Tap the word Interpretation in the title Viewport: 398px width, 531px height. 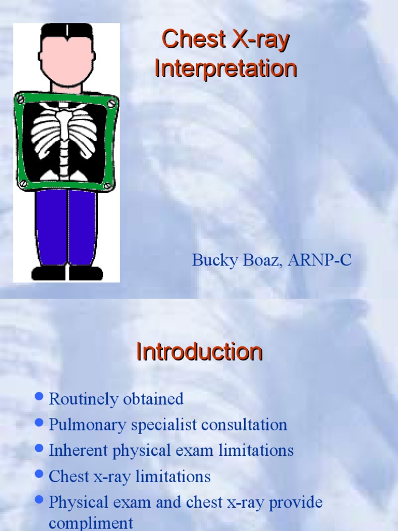(225, 68)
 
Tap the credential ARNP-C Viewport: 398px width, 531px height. (321, 260)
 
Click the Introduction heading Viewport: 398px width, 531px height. (199, 352)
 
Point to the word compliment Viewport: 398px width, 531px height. (91, 523)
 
